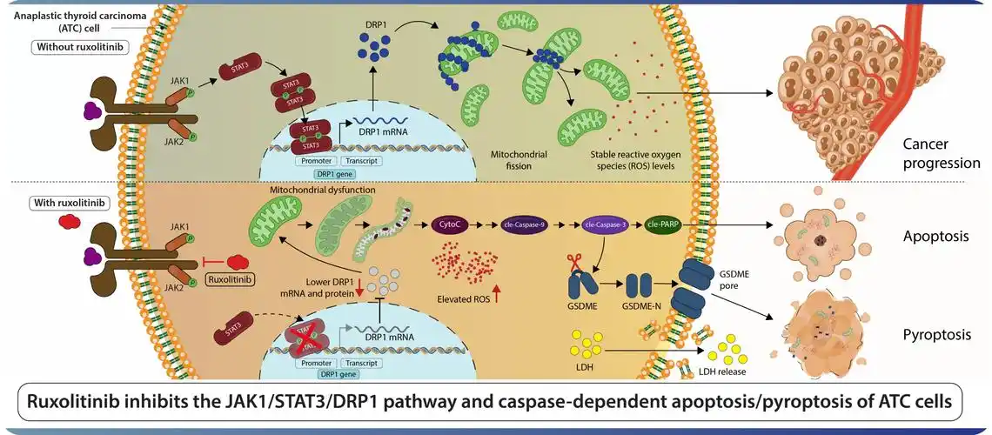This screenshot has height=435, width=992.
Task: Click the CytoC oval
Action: pos(452,224)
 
